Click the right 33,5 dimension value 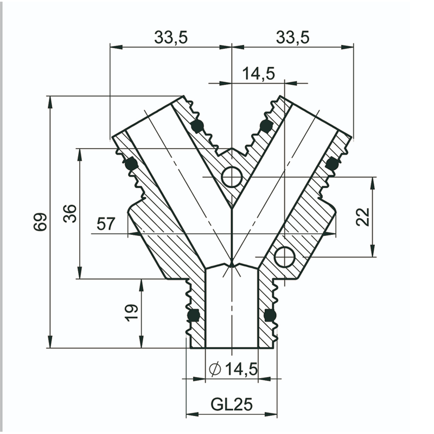292,37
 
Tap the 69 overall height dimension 40,222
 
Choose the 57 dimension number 105,224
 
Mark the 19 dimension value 132,312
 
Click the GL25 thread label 232,405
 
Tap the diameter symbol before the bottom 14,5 214,369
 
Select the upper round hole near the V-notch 232,176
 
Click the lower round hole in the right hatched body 284,257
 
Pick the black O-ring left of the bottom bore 193,315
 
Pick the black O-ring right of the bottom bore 270,315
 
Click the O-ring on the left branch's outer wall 130,163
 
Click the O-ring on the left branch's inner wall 197,126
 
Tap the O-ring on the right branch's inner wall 265,126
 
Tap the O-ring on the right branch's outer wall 332,163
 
